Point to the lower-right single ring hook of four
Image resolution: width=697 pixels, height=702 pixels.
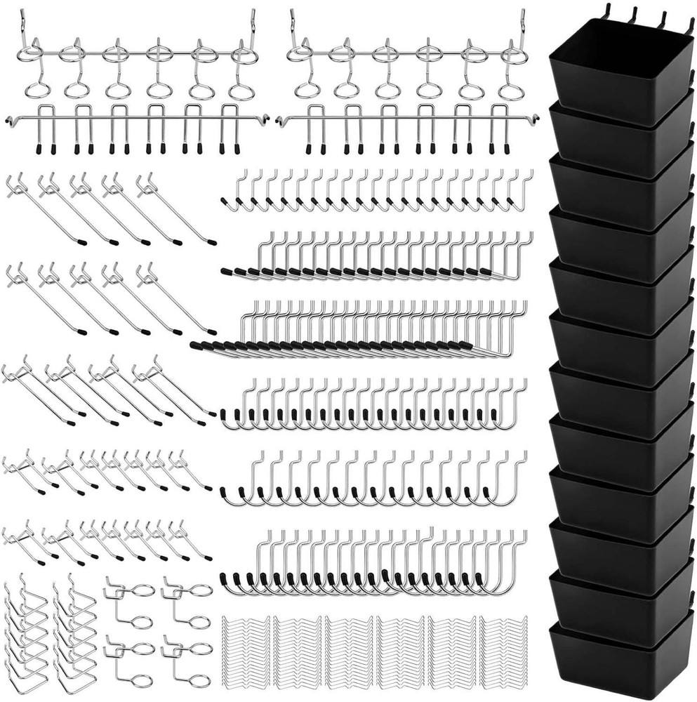pyautogui.click(x=190, y=663)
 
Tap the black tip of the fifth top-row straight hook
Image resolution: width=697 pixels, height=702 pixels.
pyautogui.click(x=211, y=243)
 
